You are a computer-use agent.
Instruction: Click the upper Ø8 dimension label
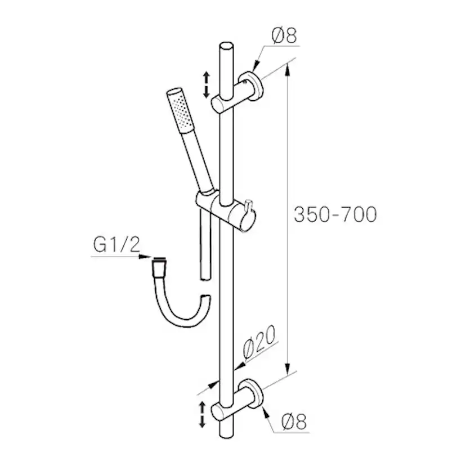(x=284, y=37)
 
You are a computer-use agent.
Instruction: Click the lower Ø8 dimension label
(x=293, y=422)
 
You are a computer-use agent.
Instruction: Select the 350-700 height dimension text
(x=335, y=214)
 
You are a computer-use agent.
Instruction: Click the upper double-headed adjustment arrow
(x=206, y=84)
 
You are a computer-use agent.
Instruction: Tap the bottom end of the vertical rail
(x=226, y=435)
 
